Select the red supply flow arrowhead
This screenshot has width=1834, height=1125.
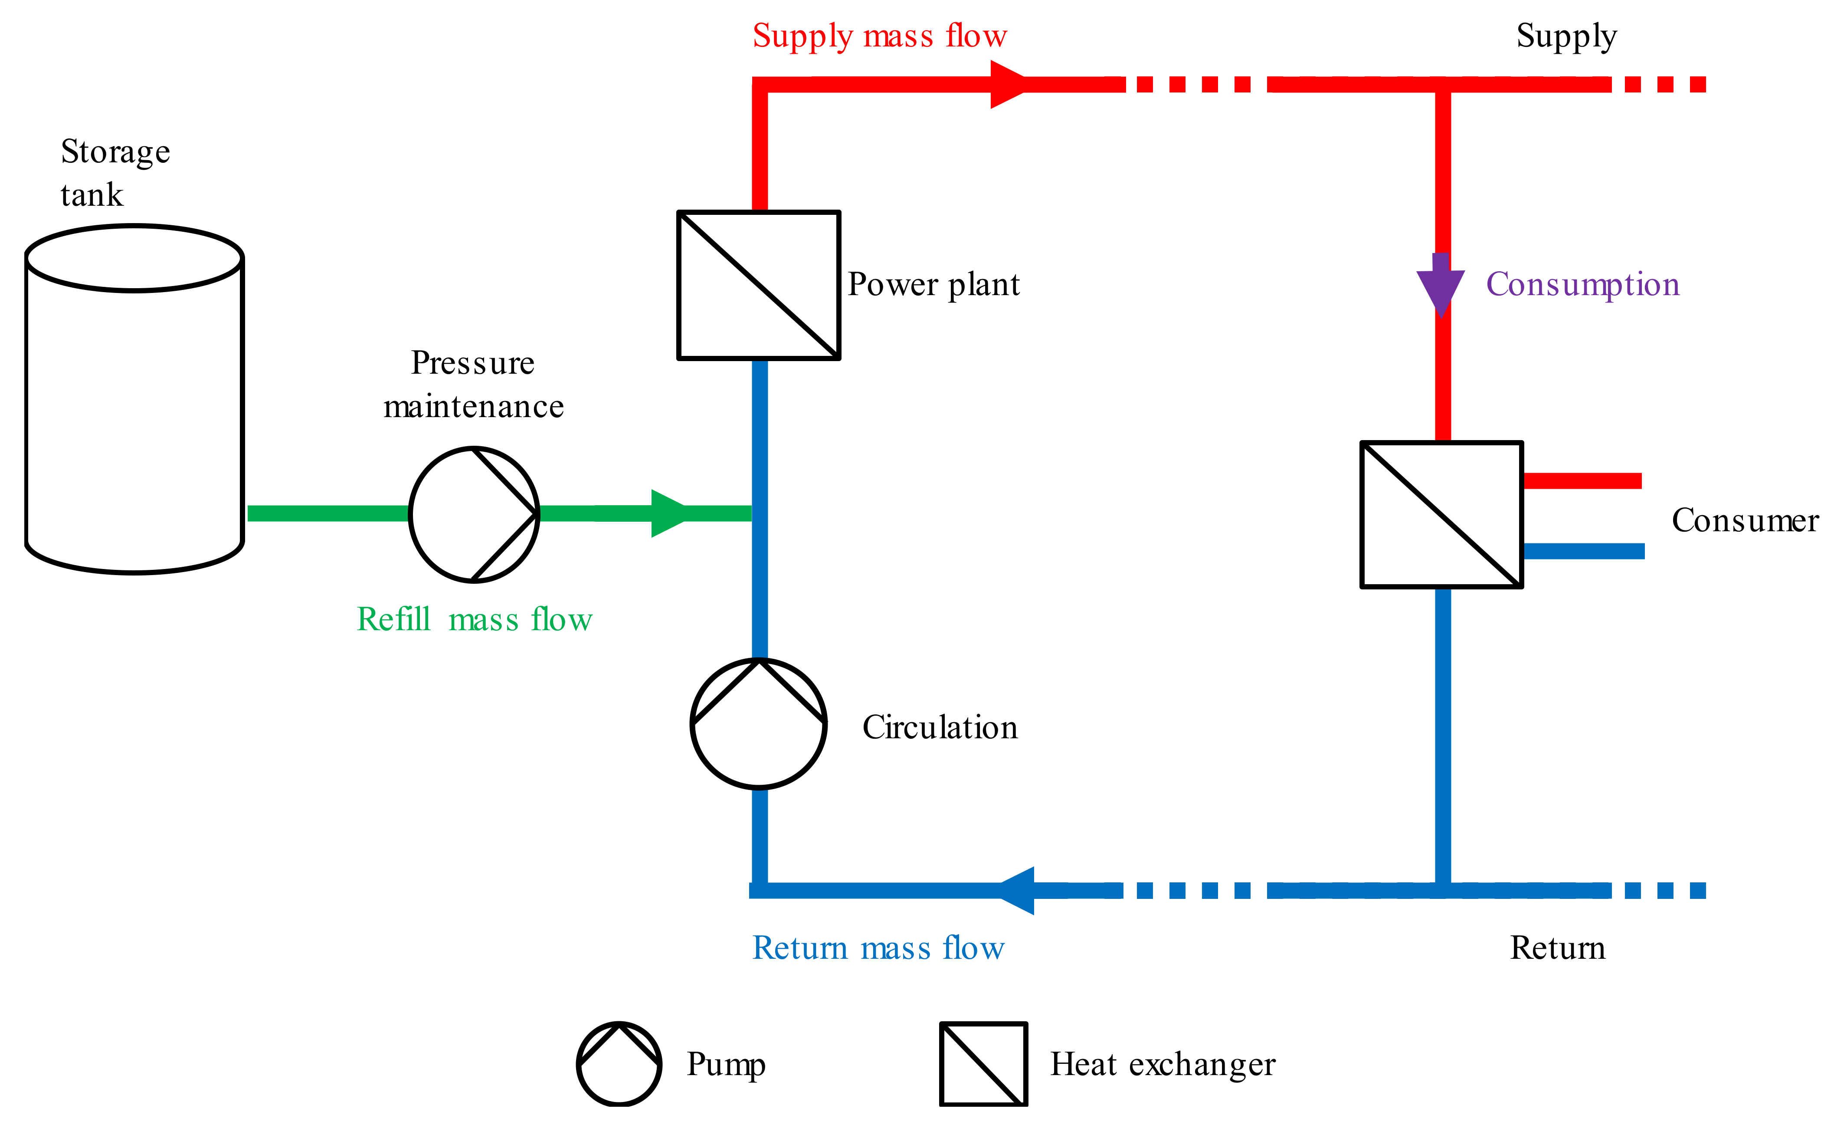click(x=1009, y=84)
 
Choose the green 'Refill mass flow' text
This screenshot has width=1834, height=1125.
click(x=474, y=619)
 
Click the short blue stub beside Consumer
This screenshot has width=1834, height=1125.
click(x=1584, y=551)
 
